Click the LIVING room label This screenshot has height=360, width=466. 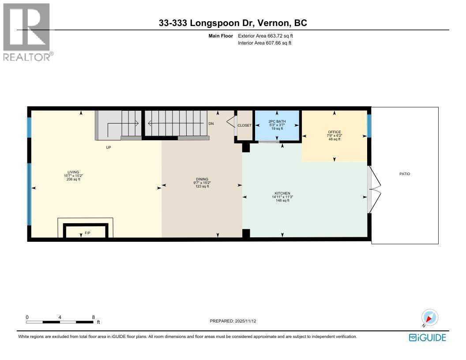73,172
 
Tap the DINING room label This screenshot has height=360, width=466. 202,179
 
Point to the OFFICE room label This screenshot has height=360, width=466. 334,132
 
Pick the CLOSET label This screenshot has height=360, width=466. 244,125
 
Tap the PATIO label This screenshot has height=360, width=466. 405,174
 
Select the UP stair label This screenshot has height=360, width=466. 108,147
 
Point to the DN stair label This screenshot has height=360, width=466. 211,124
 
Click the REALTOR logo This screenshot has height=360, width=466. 27,32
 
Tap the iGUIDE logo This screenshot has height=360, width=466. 427,337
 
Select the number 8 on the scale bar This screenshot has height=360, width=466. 93,317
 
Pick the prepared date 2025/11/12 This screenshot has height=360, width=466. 233,321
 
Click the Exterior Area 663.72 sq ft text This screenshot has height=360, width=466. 265,35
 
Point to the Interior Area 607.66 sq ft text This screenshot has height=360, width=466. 265,43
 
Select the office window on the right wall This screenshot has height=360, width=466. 369,126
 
